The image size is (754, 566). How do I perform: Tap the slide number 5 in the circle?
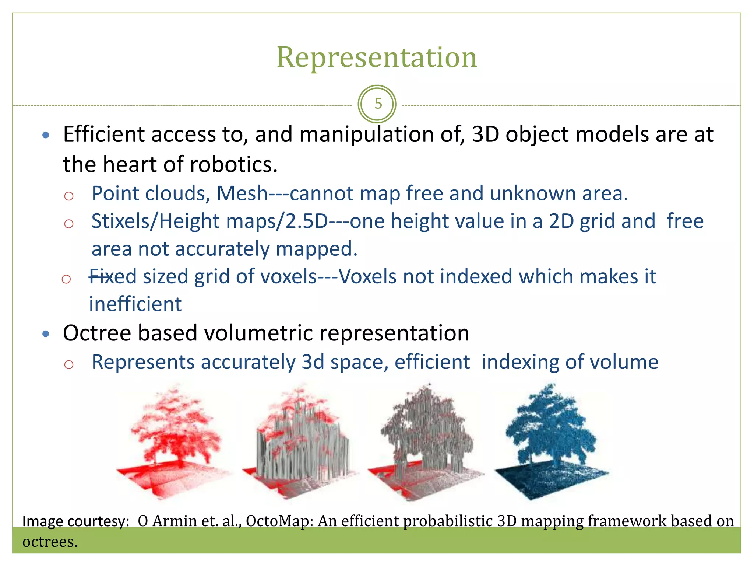tap(378, 104)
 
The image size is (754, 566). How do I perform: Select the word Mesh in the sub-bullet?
tap(242, 193)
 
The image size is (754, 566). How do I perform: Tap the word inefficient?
tap(135, 304)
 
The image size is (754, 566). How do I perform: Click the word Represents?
tap(143, 362)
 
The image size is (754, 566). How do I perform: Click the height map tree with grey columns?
tap(300, 442)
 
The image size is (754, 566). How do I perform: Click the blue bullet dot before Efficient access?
tap(46, 135)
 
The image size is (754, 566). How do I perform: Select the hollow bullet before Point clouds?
tap(69, 196)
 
